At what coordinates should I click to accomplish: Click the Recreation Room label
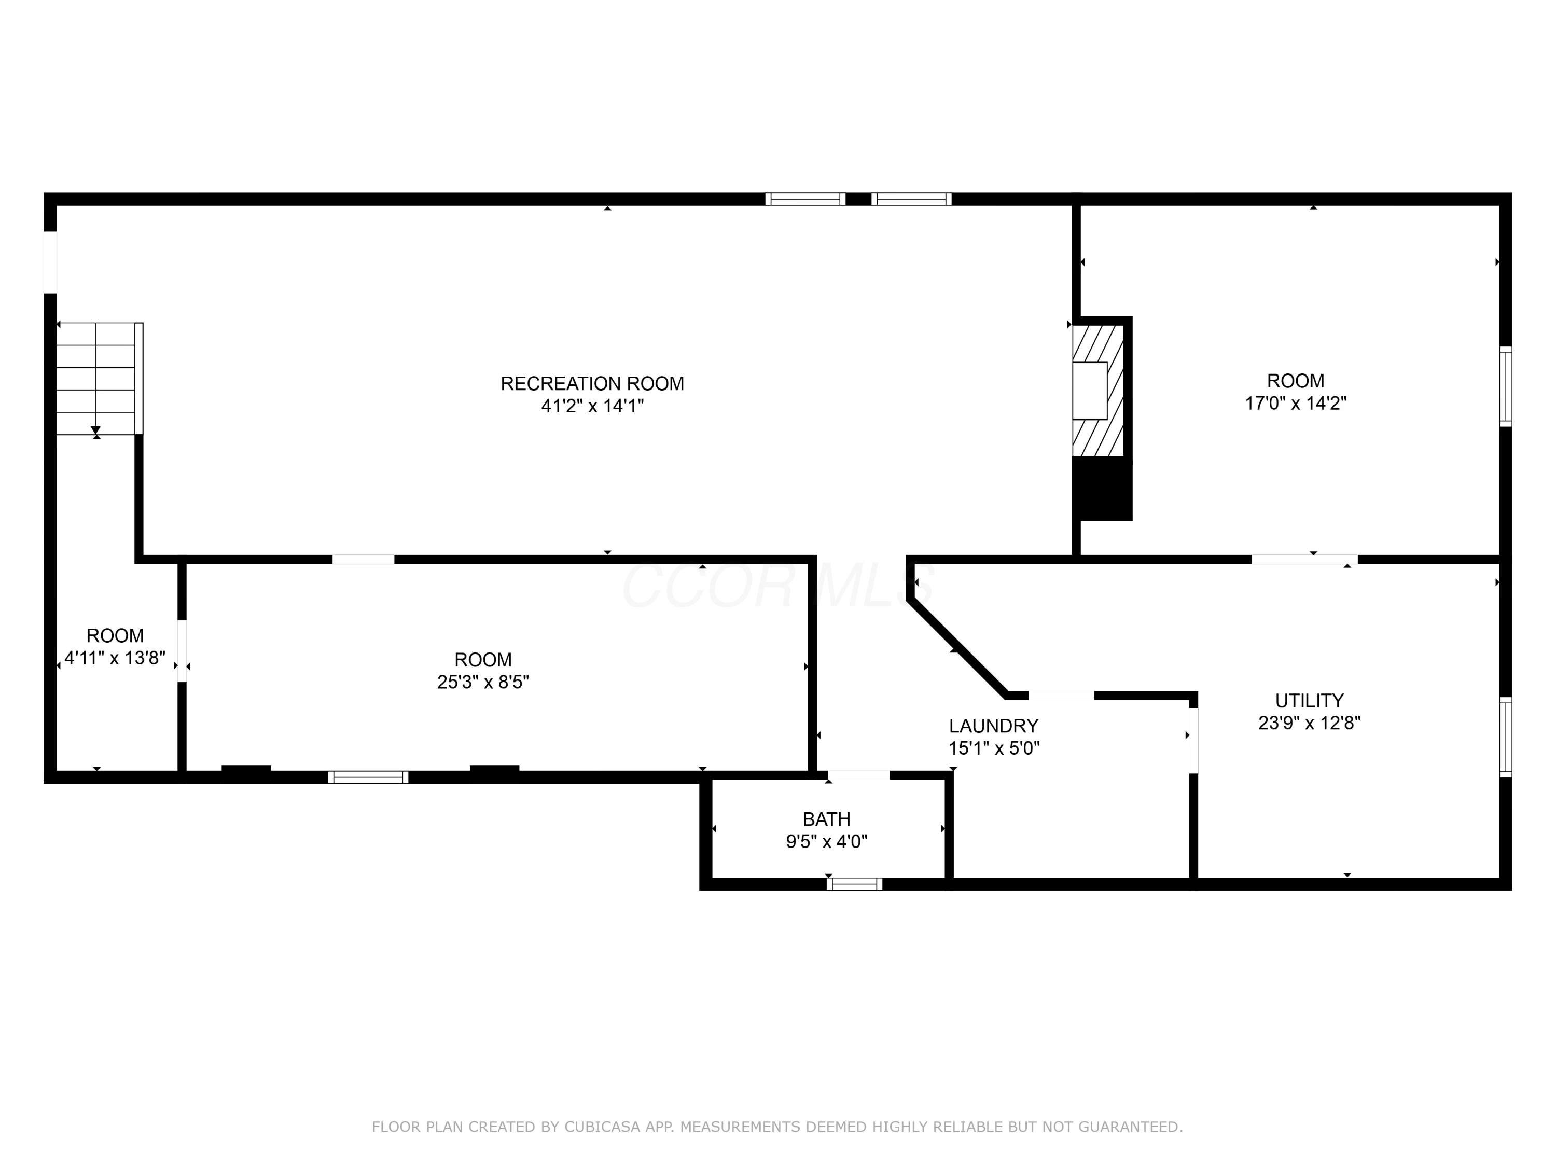[x=592, y=383]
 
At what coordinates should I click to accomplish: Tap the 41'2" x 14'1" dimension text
[x=592, y=406]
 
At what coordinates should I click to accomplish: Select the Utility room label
[x=1309, y=701]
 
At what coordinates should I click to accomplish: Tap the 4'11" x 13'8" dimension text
[x=115, y=658]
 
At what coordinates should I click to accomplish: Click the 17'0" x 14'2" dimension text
[x=1295, y=403]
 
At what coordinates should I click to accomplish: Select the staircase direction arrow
[x=95, y=429]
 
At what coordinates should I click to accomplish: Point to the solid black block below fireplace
[x=1102, y=489]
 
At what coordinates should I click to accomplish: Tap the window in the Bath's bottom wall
[x=854, y=884]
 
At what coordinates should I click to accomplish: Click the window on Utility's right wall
[x=1505, y=737]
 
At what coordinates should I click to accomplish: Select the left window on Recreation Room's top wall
[x=805, y=199]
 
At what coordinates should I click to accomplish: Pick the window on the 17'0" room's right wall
[x=1505, y=386]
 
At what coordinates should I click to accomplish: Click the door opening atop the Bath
[x=858, y=775]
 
